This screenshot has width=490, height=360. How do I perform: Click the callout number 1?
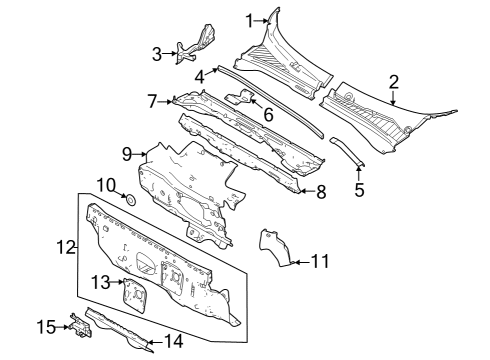click(x=249, y=19)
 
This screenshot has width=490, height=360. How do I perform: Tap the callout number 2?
click(x=393, y=81)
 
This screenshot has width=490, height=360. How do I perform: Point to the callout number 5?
click(x=359, y=187)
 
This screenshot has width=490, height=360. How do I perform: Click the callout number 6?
click(x=268, y=115)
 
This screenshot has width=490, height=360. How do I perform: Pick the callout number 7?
click(x=153, y=101)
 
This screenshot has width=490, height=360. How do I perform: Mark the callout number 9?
click(x=127, y=153)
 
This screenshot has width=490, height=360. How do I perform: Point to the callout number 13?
click(x=100, y=282)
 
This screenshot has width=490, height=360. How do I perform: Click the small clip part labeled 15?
click(x=77, y=323)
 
